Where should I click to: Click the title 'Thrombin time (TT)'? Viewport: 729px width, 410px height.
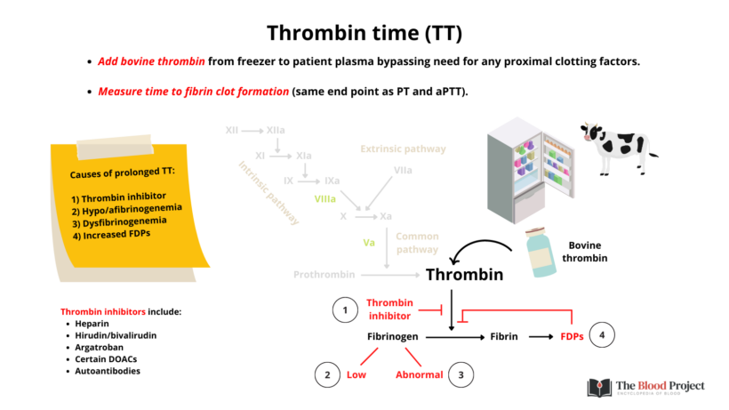[x=364, y=33]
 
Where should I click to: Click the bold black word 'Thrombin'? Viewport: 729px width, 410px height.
[x=465, y=274]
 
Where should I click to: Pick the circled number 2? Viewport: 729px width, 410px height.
[x=327, y=374]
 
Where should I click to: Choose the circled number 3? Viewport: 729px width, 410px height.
[x=461, y=374]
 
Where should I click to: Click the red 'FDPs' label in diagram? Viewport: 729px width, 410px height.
[x=572, y=338]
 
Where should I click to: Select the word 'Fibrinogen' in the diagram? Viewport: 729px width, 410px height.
[x=393, y=338]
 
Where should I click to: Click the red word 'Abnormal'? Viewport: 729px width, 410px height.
[x=420, y=374]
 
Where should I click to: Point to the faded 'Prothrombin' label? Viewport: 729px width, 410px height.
[x=324, y=275]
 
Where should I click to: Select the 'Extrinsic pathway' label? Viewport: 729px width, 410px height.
[x=403, y=149]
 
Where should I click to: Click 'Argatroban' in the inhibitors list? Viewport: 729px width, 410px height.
[x=100, y=349]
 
